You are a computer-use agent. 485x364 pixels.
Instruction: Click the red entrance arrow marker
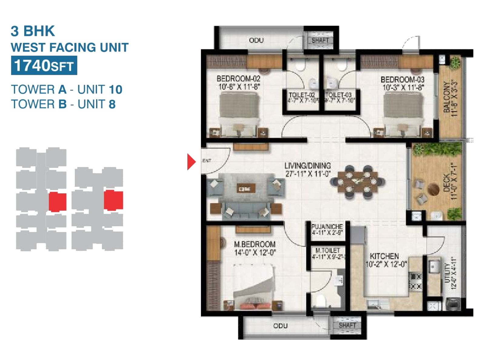(x=191, y=162)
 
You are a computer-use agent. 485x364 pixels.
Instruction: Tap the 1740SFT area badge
(x=44, y=66)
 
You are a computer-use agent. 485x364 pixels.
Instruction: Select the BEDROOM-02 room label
(x=238, y=79)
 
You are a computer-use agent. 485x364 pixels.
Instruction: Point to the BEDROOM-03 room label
(x=402, y=80)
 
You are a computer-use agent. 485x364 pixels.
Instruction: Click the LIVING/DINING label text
(x=307, y=166)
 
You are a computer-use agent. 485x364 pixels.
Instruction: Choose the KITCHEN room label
(x=384, y=256)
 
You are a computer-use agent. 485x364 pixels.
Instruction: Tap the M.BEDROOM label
(x=255, y=244)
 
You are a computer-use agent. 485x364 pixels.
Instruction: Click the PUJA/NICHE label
(x=327, y=227)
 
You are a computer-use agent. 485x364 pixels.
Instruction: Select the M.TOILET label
(x=328, y=251)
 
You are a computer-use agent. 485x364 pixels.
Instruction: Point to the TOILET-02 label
(x=301, y=95)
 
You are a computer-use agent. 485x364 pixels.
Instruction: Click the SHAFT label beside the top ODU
(x=320, y=40)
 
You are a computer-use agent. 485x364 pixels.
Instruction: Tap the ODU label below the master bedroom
(x=280, y=326)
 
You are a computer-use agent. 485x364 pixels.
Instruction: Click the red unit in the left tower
(x=57, y=202)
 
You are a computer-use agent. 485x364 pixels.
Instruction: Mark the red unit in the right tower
(x=113, y=200)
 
